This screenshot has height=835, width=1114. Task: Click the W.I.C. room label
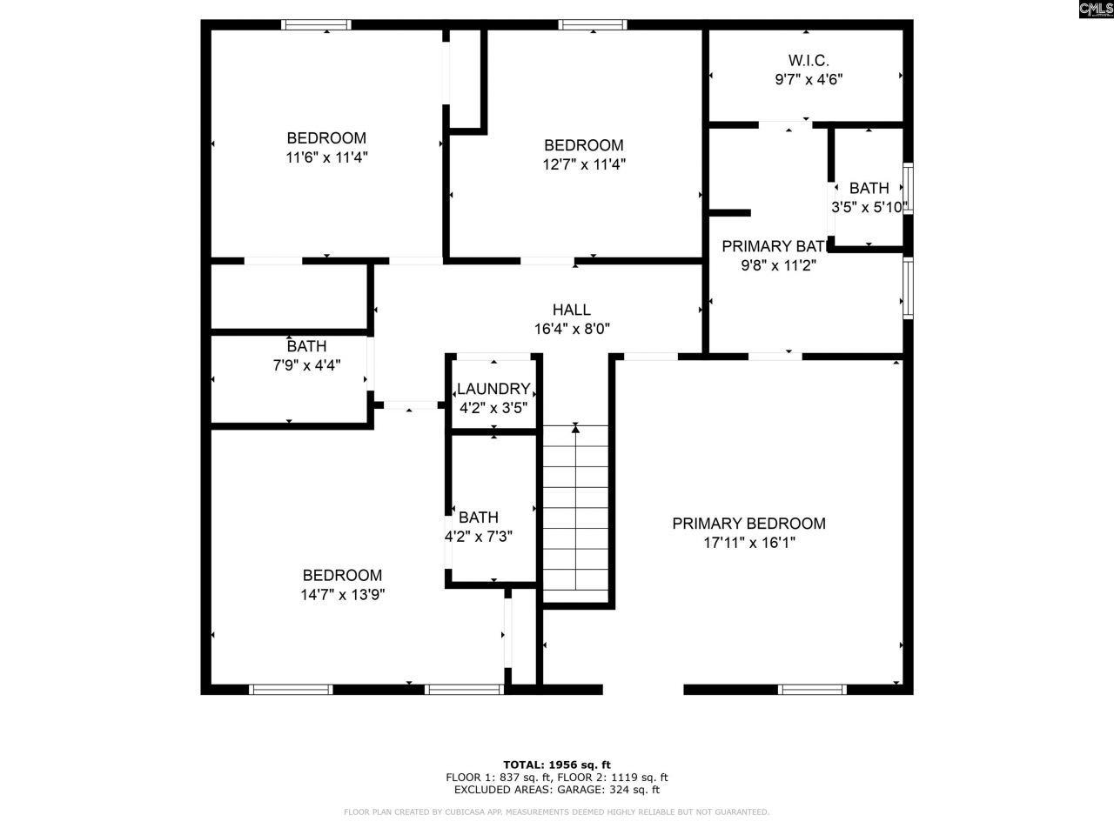tap(809, 60)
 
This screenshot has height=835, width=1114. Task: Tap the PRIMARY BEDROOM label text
tap(748, 524)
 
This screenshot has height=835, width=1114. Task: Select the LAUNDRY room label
tap(493, 389)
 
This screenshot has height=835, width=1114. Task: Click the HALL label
tap(572, 310)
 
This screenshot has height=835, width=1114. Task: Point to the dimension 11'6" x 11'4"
tap(326, 157)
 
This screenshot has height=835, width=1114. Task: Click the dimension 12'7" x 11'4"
tap(584, 164)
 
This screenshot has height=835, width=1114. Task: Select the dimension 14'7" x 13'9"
tap(342, 595)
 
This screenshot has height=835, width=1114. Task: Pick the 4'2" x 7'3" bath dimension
tap(479, 537)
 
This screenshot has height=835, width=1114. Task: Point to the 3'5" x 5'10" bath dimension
tap(869, 207)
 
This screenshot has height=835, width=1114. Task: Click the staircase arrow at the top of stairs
tap(575, 427)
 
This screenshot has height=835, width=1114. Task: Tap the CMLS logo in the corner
tap(1095, 10)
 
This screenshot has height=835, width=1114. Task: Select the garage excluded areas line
tap(557, 790)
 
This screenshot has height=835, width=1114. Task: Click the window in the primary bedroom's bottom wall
tap(812, 690)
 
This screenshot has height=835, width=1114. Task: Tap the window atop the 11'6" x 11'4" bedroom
tap(317, 25)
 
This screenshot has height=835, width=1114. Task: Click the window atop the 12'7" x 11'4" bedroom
tap(593, 25)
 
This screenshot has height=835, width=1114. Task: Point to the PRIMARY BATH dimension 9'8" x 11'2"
tap(778, 266)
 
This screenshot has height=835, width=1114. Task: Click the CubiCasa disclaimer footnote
tap(557, 812)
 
